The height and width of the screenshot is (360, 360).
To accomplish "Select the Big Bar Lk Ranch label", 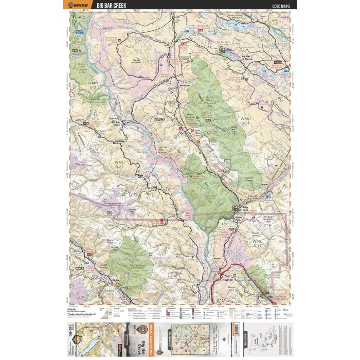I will (x=247, y=56).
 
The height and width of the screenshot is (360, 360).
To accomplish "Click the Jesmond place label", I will (x=185, y=84).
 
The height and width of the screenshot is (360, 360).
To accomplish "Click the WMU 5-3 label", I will (x=93, y=85).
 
